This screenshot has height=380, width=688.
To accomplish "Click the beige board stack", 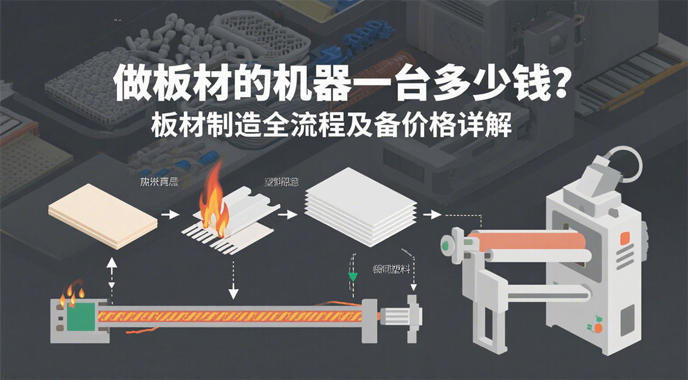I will [103, 216].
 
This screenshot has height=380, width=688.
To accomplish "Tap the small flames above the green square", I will [72, 293].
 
